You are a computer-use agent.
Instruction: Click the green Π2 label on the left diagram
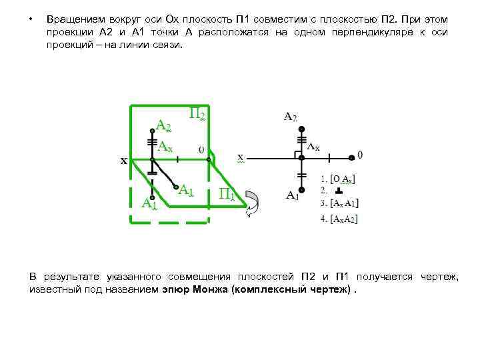(x=197, y=114)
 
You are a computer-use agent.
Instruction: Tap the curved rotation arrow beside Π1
(x=254, y=202)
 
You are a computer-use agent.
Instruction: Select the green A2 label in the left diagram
(x=163, y=125)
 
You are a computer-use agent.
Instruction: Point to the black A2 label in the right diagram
(x=290, y=117)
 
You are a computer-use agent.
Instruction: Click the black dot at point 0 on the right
(x=351, y=157)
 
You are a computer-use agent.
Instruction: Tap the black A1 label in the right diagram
(x=292, y=195)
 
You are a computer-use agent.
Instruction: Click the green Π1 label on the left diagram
(x=227, y=194)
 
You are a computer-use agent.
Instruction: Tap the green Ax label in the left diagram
(x=165, y=146)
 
